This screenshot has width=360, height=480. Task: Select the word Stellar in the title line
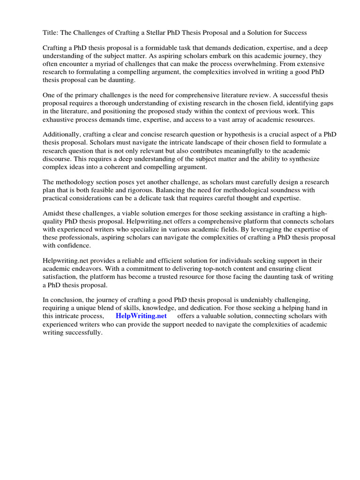[x=169, y=32]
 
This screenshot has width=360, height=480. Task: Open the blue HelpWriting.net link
[x=141, y=316]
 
